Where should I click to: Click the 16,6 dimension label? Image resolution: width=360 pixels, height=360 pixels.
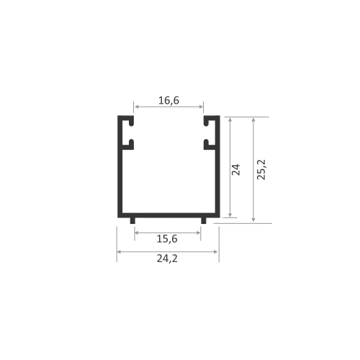(168, 100)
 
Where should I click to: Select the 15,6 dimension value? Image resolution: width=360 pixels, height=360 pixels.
(167, 239)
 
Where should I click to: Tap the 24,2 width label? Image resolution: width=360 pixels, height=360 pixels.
(167, 258)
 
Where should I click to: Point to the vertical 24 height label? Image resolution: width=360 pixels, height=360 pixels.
(235, 169)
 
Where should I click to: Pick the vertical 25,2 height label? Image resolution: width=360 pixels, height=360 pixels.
(261, 169)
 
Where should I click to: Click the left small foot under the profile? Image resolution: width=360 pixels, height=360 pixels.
(132, 220)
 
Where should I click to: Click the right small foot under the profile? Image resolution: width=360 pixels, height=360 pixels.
(204, 220)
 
